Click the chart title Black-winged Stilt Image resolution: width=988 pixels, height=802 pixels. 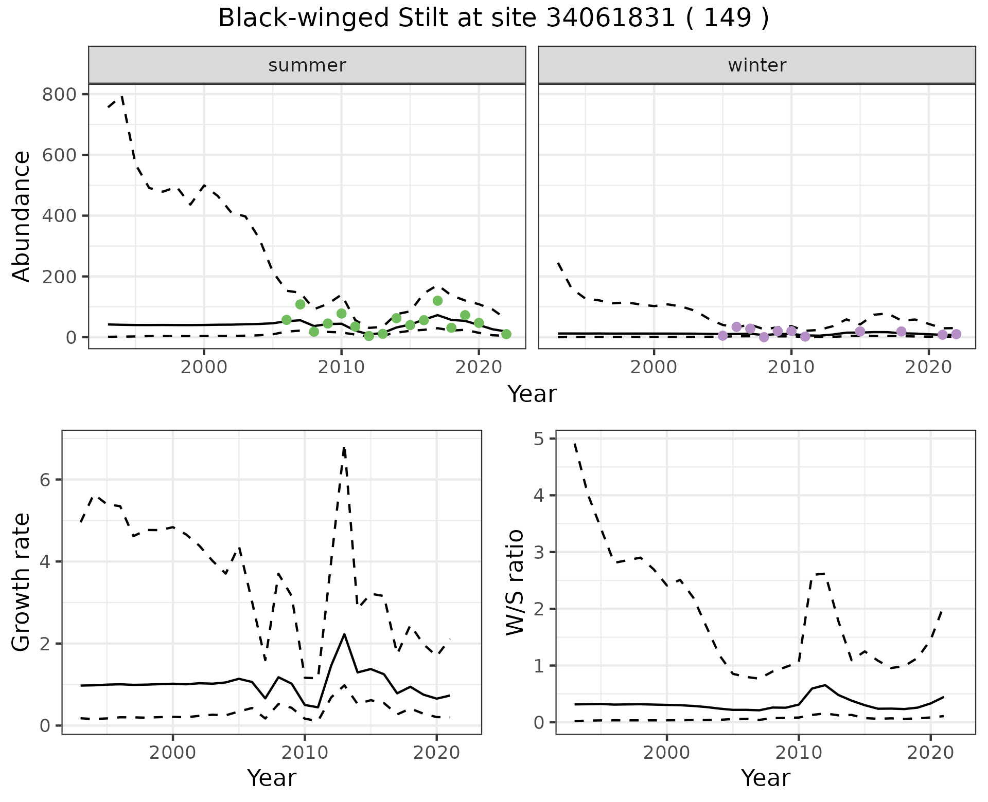pyautogui.click(x=493, y=19)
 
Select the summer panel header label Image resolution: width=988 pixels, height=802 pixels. pyautogui.click(x=307, y=65)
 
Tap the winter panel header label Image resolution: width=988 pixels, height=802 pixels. pyautogui.click(x=757, y=65)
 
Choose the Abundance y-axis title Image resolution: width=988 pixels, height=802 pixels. pyautogui.click(x=22, y=216)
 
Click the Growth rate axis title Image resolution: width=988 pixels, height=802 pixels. pyautogui.click(x=22, y=582)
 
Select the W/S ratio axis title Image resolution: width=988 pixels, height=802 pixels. pyautogui.click(x=515, y=582)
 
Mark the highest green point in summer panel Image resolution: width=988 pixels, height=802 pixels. pyautogui.click(x=437, y=301)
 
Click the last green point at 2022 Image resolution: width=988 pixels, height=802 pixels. pyautogui.click(x=506, y=334)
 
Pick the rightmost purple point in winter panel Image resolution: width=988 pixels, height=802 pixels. pyautogui.click(x=956, y=334)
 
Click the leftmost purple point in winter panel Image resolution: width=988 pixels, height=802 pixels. pyautogui.click(x=722, y=336)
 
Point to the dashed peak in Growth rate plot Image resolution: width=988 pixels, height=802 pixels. pyautogui.click(x=344, y=448)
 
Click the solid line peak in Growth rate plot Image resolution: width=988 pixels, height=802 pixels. pyautogui.click(x=344, y=634)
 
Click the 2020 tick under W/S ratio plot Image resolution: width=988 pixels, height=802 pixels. pyautogui.click(x=930, y=753)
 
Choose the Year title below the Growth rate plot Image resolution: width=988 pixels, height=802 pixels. pyautogui.click(x=272, y=778)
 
